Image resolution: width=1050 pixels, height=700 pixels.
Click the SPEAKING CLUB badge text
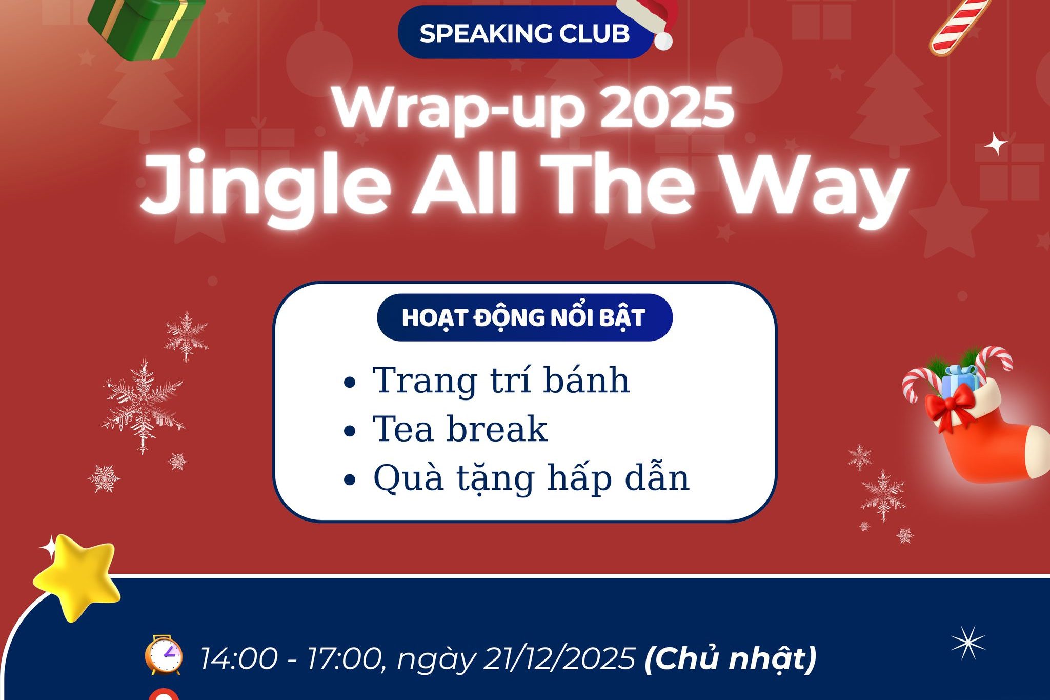point(524,34)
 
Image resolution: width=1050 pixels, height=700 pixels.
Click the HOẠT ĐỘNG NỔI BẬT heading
point(524,317)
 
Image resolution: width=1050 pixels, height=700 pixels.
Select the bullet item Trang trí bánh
point(500,381)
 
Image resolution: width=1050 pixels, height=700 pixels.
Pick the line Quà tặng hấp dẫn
point(531,477)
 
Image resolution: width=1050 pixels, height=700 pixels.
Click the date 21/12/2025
point(559,658)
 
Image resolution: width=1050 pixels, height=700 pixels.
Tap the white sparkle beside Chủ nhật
point(968,643)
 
